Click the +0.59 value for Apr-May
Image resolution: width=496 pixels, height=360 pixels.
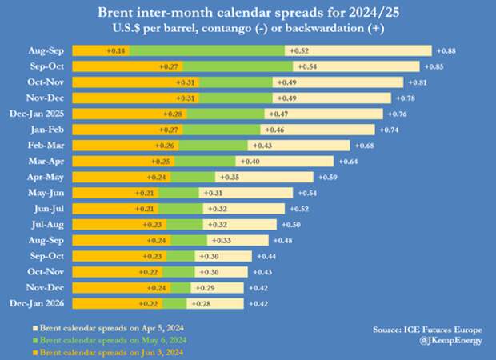pos(328,177)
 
